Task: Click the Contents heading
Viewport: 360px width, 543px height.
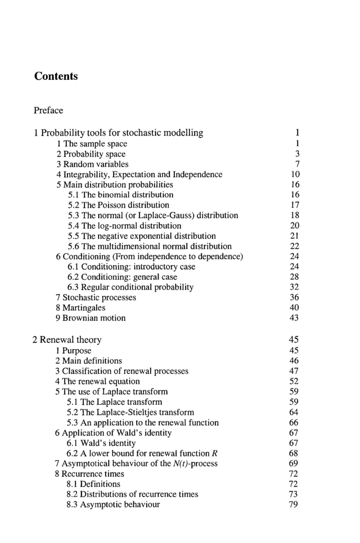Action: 56,76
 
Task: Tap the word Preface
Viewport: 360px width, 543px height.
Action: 48,110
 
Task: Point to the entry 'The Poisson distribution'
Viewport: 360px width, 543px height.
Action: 118,205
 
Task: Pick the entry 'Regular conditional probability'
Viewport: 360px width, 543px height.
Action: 130,287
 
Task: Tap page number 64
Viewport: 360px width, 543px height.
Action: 294,413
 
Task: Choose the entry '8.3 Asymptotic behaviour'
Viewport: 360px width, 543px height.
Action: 113,505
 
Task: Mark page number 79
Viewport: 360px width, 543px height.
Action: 294,505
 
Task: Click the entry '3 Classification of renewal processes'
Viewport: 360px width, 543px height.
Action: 122,371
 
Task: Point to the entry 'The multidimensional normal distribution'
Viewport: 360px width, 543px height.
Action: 149,246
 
